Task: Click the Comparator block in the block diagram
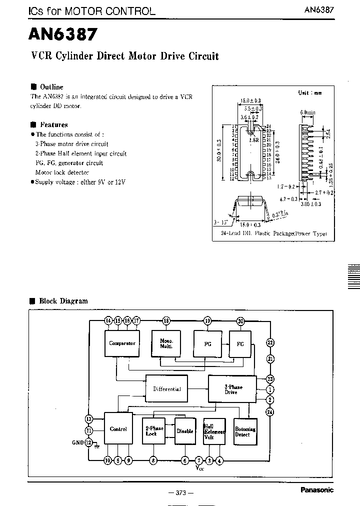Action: tap(122, 343)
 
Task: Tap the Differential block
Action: tap(166, 389)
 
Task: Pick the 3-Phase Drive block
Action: tap(232, 389)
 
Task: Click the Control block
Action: tap(118, 429)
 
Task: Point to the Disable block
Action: tap(184, 431)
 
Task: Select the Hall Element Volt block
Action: tap(214, 431)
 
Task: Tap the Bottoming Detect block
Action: tap(245, 431)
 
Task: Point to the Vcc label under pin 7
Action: tap(200, 467)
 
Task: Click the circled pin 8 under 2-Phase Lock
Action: tap(153, 460)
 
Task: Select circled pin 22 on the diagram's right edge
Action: tap(270, 342)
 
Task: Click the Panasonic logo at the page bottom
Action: tap(316, 490)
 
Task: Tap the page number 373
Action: tap(180, 493)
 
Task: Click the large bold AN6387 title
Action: tap(63, 34)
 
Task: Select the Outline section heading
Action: tap(51, 86)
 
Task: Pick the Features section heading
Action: tap(53, 124)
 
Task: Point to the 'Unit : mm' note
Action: tap(310, 92)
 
